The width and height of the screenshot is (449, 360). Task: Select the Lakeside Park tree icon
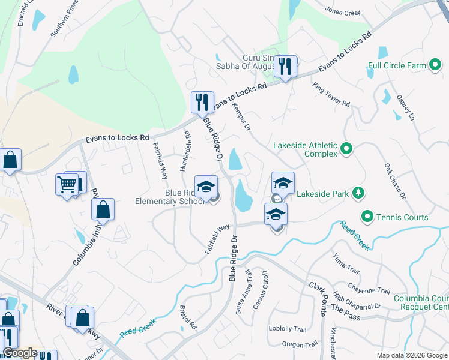[358, 193]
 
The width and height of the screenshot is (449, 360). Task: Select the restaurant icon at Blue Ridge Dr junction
[202, 102]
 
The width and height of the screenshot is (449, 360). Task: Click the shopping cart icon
[68, 184]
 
